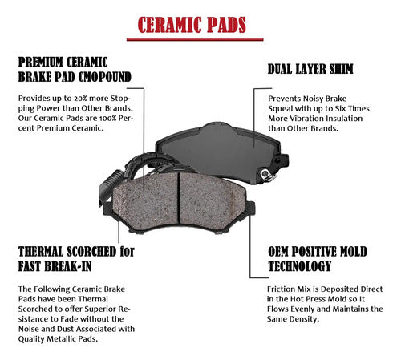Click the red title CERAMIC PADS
point(192,25)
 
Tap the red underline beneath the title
point(195,39)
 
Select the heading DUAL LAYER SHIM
point(310,69)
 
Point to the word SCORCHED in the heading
point(91,252)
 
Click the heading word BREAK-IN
point(68,266)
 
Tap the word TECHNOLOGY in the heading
point(300,266)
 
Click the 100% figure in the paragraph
point(107,118)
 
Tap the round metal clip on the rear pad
point(265,174)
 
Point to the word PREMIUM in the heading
point(41,63)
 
